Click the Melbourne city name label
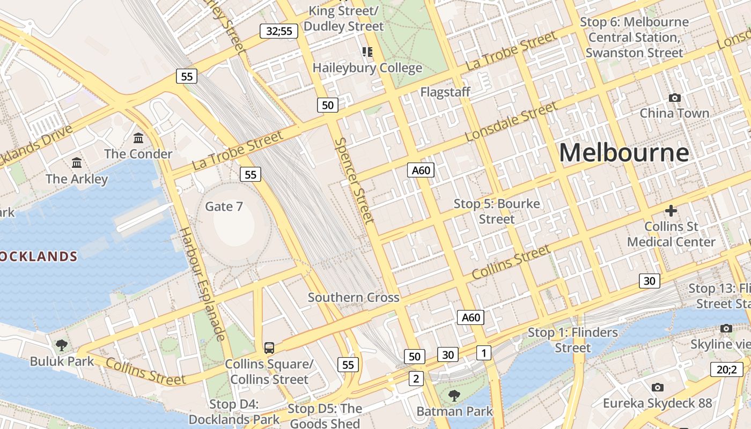(624, 153)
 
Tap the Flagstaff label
(445, 92)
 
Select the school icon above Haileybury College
(367, 52)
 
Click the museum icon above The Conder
(139, 138)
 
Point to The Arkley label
(77, 179)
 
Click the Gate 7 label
(224, 206)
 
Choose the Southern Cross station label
(354, 298)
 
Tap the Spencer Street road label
(354, 180)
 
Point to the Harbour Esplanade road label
(201, 284)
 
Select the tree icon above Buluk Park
(62, 345)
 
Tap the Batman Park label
(455, 412)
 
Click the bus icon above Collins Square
(269, 347)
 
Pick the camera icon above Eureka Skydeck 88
(657, 387)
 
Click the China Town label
(674, 113)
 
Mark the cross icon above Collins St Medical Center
(671, 210)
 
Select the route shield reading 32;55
(279, 31)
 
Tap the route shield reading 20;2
(727, 369)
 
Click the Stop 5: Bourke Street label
(497, 211)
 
